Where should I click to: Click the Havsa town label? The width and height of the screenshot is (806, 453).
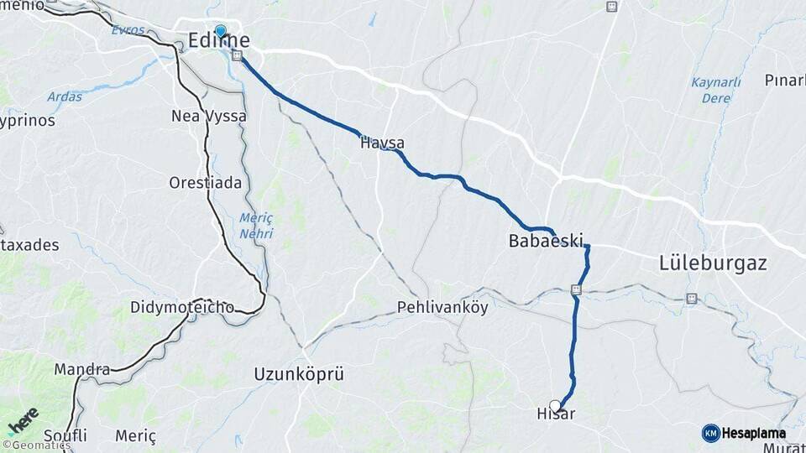[x=382, y=143]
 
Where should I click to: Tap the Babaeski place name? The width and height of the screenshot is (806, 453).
[x=545, y=242]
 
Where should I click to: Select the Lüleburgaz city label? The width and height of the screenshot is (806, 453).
[x=713, y=263]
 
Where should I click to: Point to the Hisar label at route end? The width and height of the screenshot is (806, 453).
[x=555, y=414]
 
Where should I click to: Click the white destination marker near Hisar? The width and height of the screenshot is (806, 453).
[x=555, y=405]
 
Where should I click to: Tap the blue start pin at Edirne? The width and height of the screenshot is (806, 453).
[x=220, y=32]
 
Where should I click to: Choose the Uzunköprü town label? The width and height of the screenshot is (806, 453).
[x=299, y=374]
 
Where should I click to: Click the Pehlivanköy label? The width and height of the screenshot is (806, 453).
[x=442, y=307]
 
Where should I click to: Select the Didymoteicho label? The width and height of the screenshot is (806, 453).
[x=182, y=307]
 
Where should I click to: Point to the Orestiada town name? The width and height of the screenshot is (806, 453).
[x=205, y=183]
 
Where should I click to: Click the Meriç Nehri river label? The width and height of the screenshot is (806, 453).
[x=256, y=225]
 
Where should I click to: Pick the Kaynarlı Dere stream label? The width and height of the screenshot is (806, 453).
[x=715, y=90]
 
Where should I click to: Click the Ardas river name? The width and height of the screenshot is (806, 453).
[x=65, y=96]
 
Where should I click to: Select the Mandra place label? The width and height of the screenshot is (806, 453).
[x=82, y=369]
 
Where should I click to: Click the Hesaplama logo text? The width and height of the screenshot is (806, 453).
[x=754, y=434]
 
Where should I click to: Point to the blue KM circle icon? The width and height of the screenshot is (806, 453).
[x=710, y=433]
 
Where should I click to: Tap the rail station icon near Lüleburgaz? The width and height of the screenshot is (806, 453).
[x=691, y=298]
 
